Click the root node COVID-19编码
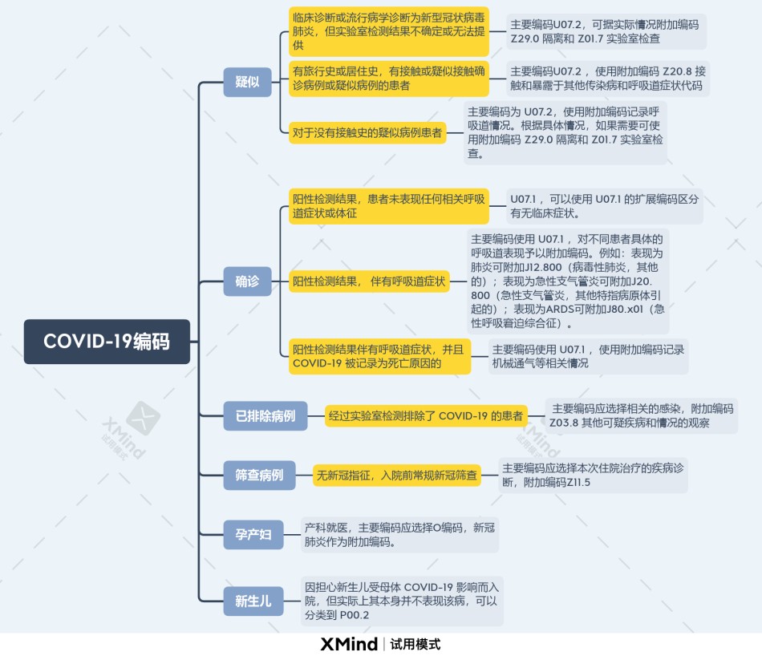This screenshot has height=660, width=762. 107,341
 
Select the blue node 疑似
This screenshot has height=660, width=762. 247,82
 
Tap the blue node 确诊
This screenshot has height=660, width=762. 247,281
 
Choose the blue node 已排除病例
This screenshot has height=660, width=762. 265,416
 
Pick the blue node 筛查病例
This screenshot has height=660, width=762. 260,476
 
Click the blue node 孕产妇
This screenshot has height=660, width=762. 253,535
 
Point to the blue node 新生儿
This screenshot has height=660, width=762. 253,601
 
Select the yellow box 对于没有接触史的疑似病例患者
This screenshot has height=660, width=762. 367,132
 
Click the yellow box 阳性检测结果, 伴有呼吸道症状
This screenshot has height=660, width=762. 369,281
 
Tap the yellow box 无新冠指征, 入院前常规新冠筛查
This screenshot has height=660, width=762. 397,476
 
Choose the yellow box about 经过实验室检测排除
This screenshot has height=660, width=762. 426,416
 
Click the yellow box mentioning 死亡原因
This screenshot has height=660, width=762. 379,356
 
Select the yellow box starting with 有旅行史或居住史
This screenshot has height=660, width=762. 389,79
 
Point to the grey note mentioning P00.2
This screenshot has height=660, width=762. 402,601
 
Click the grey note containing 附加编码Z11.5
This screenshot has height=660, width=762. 593,476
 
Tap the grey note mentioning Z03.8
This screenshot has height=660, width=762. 642,416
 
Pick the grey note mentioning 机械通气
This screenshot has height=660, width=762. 588,356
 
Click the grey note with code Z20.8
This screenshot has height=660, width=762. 608,79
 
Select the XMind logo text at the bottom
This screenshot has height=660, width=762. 349,645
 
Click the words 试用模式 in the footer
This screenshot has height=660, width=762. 415,645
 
